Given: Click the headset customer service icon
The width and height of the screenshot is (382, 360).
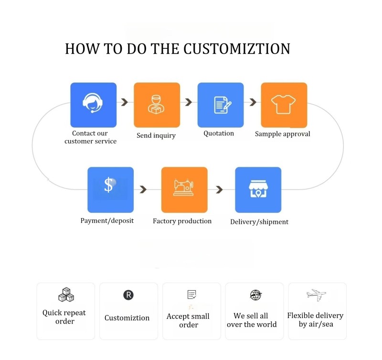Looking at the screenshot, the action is pyautogui.click(x=93, y=103).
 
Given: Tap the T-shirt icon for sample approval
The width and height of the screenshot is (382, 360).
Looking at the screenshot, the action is pyautogui.click(x=283, y=104).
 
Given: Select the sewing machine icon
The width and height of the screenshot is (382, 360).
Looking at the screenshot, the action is pyautogui.click(x=184, y=187).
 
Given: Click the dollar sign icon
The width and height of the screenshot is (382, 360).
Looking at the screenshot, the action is pyautogui.click(x=109, y=185).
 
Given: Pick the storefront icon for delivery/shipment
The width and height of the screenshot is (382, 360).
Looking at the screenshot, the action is pyautogui.click(x=258, y=189).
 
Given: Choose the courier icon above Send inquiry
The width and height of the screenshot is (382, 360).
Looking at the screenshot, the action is pyautogui.click(x=156, y=104).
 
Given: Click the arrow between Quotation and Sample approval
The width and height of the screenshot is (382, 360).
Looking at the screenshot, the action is pyautogui.click(x=253, y=102).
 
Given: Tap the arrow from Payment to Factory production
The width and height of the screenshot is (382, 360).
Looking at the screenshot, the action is pyautogui.click(x=143, y=189).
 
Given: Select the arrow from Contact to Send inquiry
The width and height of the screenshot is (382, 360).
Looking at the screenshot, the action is pyautogui.click(x=125, y=102).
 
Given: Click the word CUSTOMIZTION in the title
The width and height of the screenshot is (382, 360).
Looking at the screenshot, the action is pyautogui.click(x=236, y=49).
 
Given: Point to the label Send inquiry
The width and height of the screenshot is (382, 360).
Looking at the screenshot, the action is pyautogui.click(x=156, y=135).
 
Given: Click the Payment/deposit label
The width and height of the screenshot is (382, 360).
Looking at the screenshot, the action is pyautogui.click(x=107, y=221).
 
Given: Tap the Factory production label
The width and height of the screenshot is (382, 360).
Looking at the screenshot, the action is pyautogui.click(x=182, y=221).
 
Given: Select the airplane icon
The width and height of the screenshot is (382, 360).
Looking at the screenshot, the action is pyautogui.click(x=316, y=295).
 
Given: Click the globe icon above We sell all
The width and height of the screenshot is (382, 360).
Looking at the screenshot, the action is pyautogui.click(x=255, y=295).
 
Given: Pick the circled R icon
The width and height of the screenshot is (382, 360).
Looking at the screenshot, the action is pyautogui.click(x=128, y=295).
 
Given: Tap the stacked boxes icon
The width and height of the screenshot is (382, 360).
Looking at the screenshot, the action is pyautogui.click(x=66, y=295).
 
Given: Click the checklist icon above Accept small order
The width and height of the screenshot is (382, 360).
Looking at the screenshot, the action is pyautogui.click(x=192, y=295).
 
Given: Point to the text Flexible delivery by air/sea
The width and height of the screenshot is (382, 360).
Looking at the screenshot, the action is pyautogui.click(x=316, y=320).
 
